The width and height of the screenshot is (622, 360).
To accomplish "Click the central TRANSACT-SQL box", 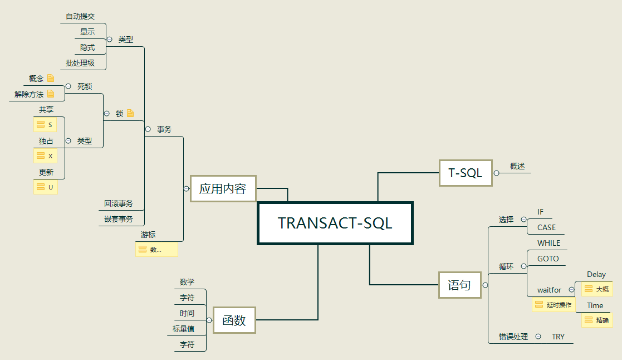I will click(335, 223).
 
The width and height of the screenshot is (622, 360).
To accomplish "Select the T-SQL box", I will click(465, 173).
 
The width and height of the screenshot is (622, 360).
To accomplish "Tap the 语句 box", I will click(459, 285).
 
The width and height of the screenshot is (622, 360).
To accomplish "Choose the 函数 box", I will click(234, 320).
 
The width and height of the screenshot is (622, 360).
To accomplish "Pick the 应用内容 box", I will click(223, 188).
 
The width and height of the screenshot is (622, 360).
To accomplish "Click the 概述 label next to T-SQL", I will click(517, 166).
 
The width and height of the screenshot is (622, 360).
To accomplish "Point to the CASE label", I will click(546, 227).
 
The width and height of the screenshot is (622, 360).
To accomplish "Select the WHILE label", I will click(548, 243).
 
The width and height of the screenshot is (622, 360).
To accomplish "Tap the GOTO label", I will click(548, 259).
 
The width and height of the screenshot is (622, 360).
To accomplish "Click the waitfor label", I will click(549, 290).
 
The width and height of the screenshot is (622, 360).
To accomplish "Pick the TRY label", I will click(558, 337).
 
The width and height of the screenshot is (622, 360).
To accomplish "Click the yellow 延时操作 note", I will click(554, 305).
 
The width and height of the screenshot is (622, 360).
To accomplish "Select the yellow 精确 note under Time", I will click(596, 320).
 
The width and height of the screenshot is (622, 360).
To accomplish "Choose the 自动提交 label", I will click(80, 16).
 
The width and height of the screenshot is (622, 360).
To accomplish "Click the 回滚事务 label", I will click(119, 203).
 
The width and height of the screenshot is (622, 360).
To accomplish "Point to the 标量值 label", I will click(183, 329).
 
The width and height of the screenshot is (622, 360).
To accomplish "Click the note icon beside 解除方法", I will click(51, 94).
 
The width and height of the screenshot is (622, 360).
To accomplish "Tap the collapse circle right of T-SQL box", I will click(496, 173).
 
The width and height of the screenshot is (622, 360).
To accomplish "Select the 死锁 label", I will click(85, 86).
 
